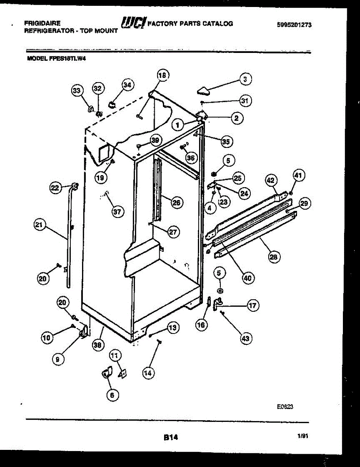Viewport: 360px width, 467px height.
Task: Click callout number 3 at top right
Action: [x=245, y=80]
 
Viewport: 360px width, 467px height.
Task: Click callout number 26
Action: [x=176, y=203]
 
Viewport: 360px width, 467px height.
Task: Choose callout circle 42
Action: [x=271, y=180]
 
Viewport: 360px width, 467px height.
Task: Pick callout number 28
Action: [x=274, y=256]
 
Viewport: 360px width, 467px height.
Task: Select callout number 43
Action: [x=245, y=339]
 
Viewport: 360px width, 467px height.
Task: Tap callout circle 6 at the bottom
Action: [x=112, y=395]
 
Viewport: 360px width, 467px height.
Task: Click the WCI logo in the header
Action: [x=133, y=23]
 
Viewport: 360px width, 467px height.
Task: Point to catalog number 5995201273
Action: [x=294, y=25]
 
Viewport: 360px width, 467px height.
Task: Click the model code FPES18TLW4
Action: [x=70, y=59]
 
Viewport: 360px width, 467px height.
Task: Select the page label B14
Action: [x=171, y=437]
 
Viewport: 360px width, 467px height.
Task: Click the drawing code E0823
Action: [x=285, y=406]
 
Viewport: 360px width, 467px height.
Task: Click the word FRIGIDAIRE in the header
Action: [x=42, y=23]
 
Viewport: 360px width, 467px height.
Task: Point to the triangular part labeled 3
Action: [x=203, y=91]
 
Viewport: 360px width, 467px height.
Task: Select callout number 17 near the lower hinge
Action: [x=253, y=306]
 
